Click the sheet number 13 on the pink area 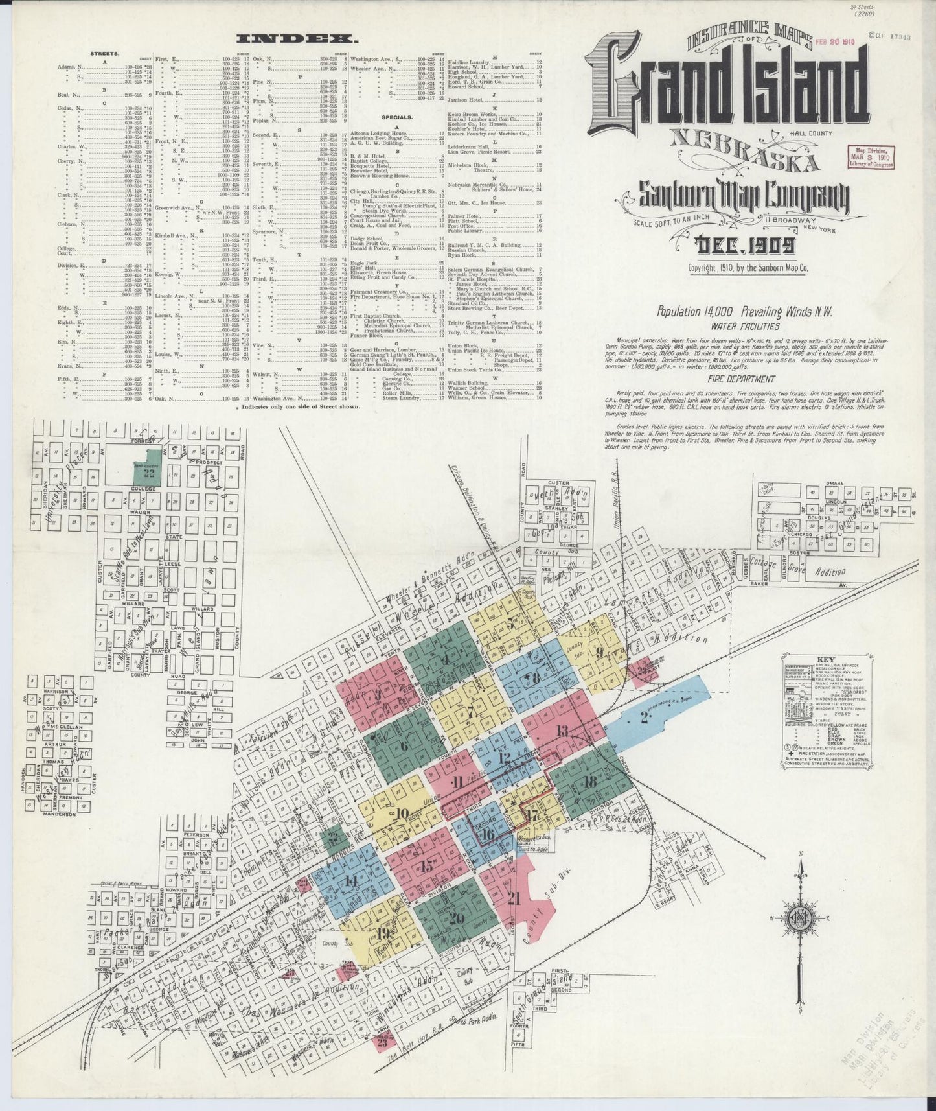pyautogui.click(x=562, y=731)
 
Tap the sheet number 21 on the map pyautogui.click(x=514, y=898)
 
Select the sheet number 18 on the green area pyautogui.click(x=589, y=782)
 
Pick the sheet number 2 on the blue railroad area pyautogui.click(x=645, y=716)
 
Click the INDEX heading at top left pyautogui.click(x=301, y=38)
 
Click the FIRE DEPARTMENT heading pyautogui.click(x=741, y=379)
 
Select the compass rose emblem pyautogui.click(x=801, y=918)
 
